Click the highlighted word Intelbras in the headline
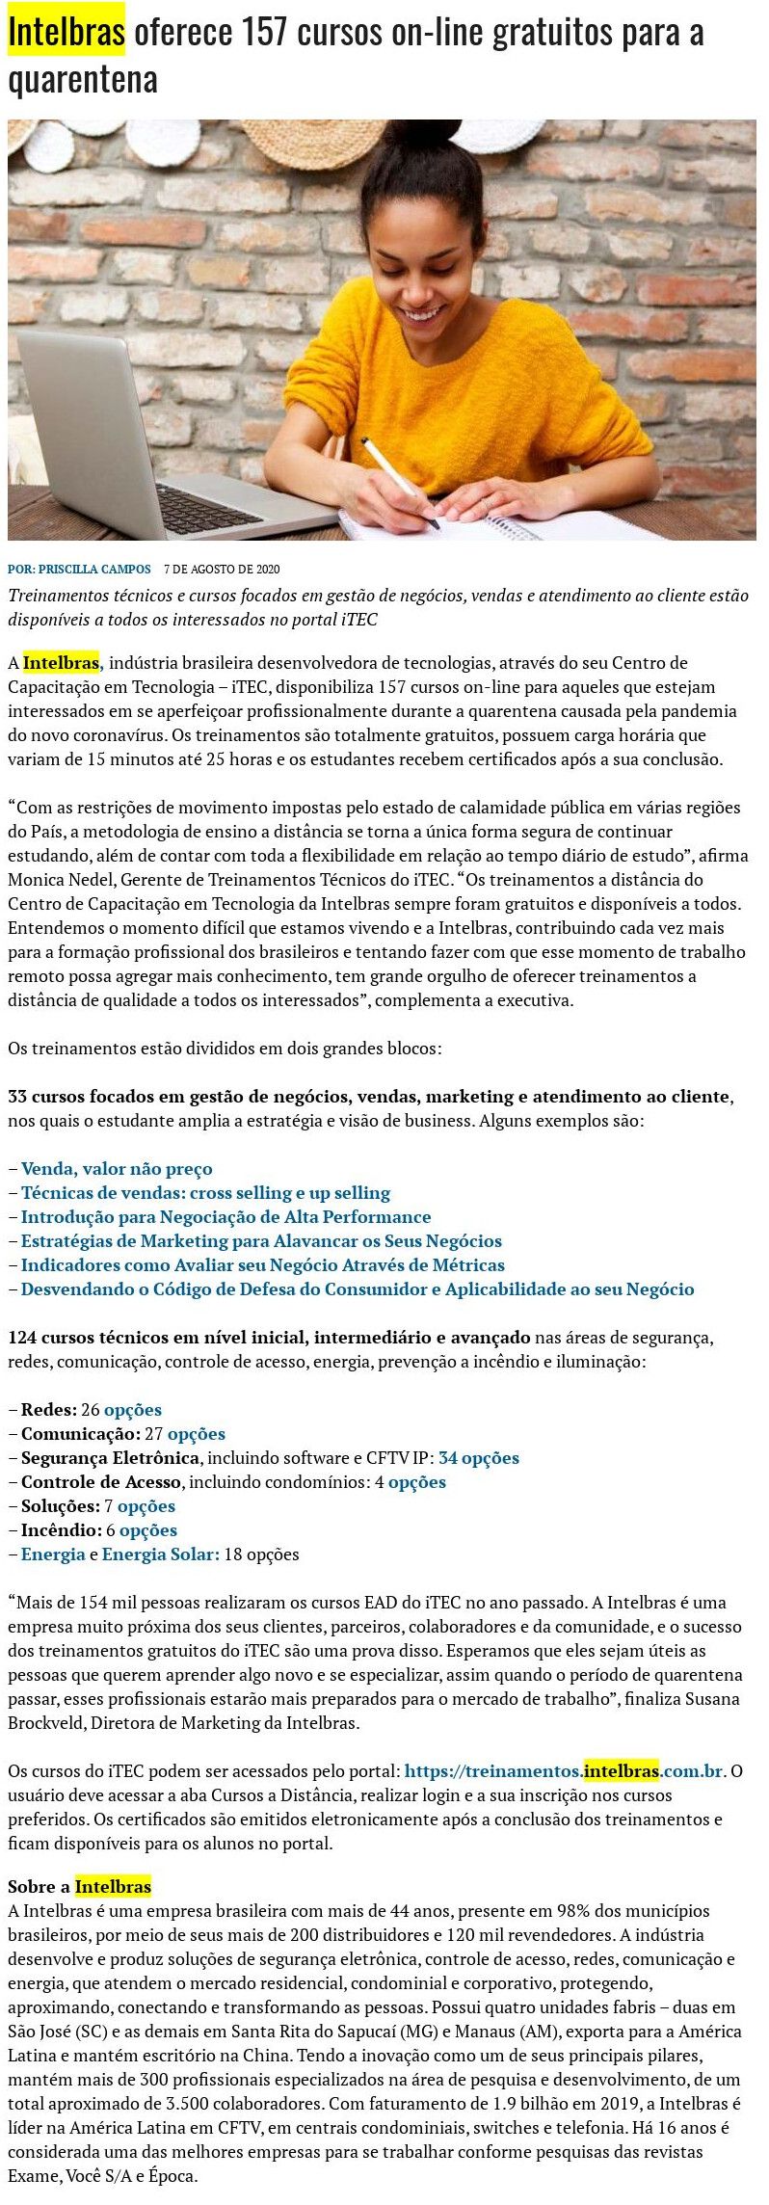66,33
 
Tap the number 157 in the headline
264,33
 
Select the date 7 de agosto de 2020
222,569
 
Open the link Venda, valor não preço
117,1169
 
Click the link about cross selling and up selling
205,1193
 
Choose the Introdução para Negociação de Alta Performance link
225,1217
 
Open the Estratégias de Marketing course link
261,1241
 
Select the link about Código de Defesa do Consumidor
358,1289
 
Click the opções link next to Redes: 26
133,1410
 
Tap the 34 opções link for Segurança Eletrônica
479,1458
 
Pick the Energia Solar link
161,1554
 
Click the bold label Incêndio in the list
61,1530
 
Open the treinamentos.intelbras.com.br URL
564,1771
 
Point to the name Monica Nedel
52,880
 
